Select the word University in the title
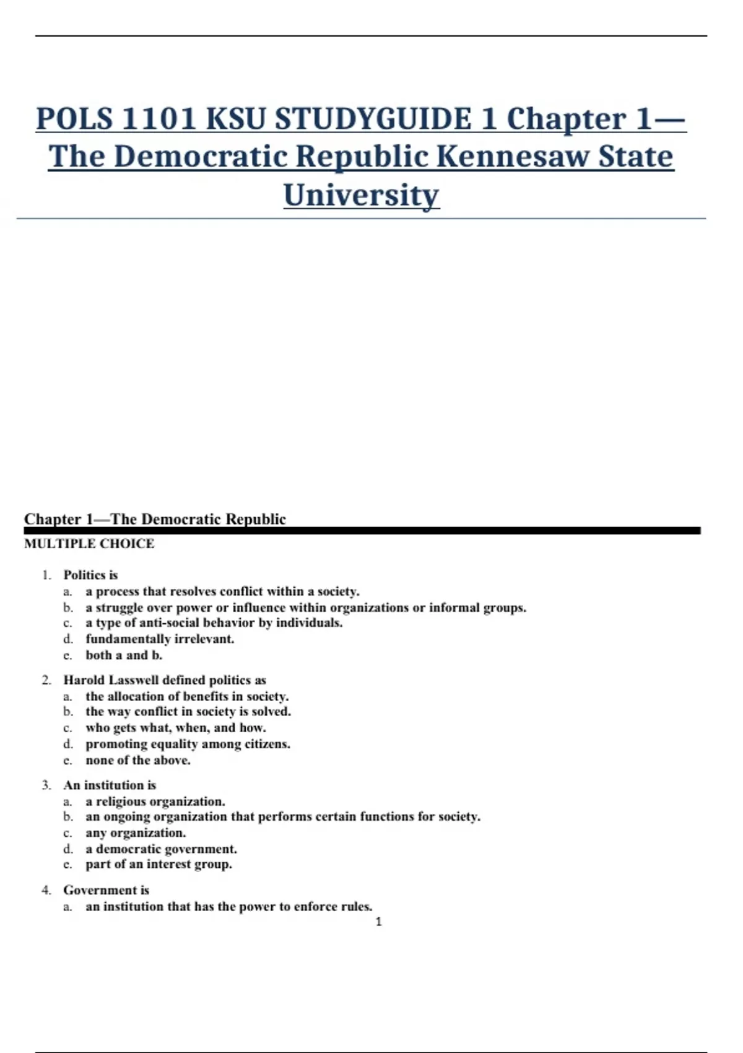pyautogui.click(x=362, y=195)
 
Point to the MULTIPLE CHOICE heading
pyautogui.click(x=89, y=544)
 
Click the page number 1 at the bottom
pyautogui.click(x=378, y=922)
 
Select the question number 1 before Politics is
pyautogui.click(x=46, y=575)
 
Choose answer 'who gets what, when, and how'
pyautogui.click(x=176, y=728)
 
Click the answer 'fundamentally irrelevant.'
pyautogui.click(x=160, y=639)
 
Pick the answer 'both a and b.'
pyautogui.click(x=124, y=655)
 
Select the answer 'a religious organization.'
pyautogui.click(x=155, y=802)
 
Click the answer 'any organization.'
pyautogui.click(x=136, y=833)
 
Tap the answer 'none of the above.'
pyautogui.click(x=138, y=760)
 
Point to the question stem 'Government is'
pyautogui.click(x=106, y=890)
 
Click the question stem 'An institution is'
pyautogui.click(x=110, y=785)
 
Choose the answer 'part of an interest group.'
pyautogui.click(x=159, y=864)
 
